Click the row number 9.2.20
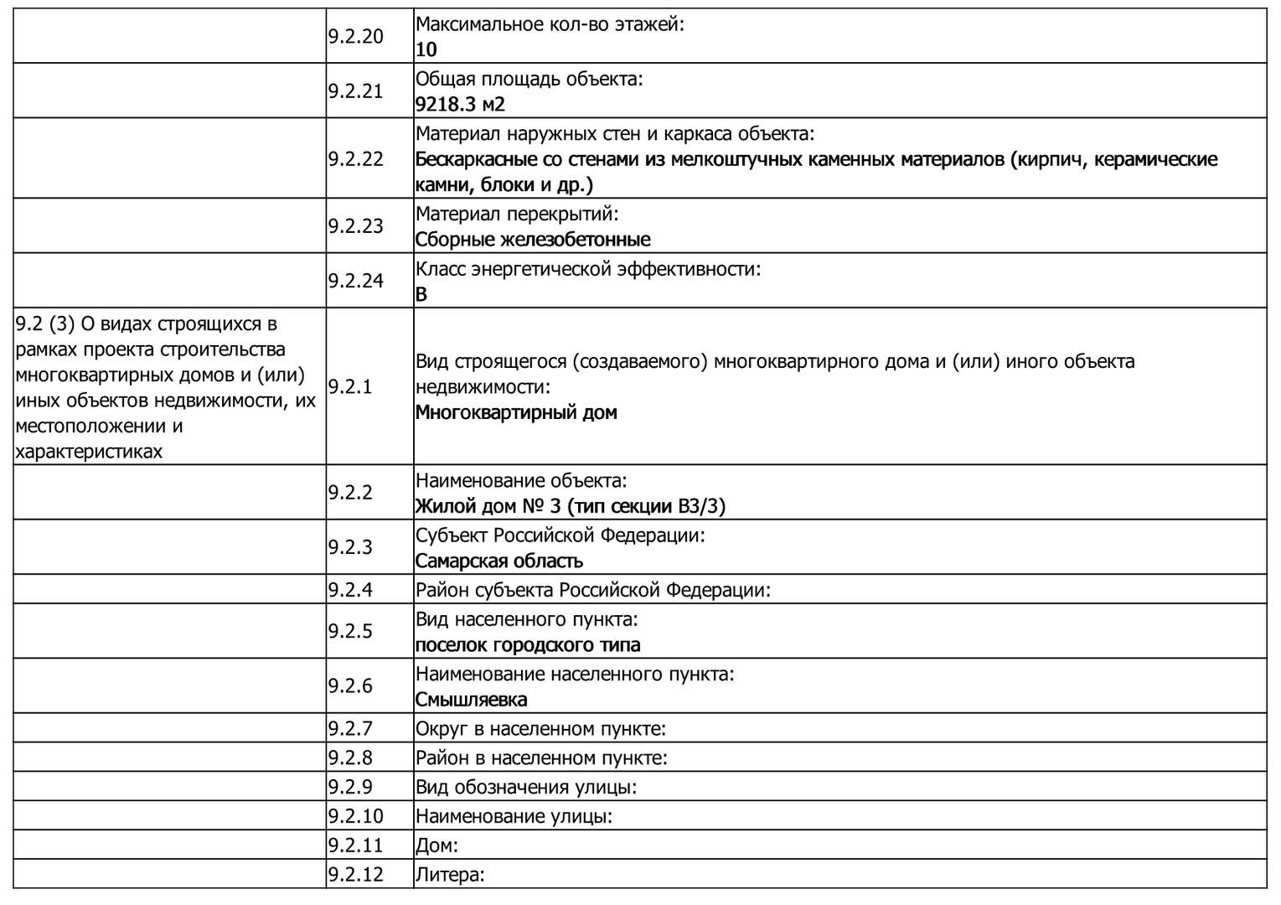pos(355,36)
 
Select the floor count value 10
pos(426,49)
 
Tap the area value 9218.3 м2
pos(460,105)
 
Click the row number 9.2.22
pos(355,158)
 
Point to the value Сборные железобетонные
pos(533,240)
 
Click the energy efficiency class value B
pos(421,294)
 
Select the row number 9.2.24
pos(355,281)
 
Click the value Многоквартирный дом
pos(516,412)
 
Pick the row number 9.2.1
pos(350,386)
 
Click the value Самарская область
pos(499,561)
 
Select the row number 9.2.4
pos(350,589)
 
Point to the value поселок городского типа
pos(528,645)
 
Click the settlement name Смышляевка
pos(471,700)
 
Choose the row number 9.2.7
pos(350,728)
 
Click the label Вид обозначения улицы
pos(526,787)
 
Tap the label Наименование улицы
pos(514,816)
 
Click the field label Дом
pos(436,846)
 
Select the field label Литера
pos(450,875)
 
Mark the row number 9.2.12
pos(355,875)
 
